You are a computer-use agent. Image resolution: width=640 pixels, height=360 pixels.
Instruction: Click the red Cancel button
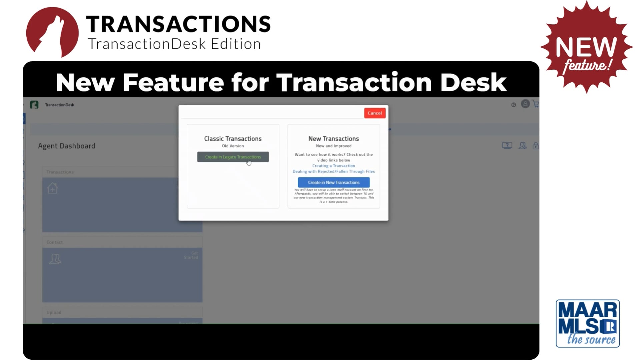coord(375,113)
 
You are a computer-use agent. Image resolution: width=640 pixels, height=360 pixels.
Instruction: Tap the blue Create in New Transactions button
coord(334,182)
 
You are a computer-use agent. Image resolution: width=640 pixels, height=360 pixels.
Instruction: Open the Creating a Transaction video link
coord(334,166)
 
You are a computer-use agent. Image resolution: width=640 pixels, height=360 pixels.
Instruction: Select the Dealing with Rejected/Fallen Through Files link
coord(334,171)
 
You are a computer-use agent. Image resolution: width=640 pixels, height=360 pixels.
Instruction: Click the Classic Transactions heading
coord(233,139)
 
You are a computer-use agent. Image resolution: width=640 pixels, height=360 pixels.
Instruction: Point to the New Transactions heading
coord(334,139)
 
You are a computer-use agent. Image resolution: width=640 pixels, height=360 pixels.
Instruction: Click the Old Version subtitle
coord(233,146)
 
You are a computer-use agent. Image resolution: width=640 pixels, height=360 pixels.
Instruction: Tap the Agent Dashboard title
coord(67,146)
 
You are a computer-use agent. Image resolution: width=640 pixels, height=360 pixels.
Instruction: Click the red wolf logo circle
coord(52,32)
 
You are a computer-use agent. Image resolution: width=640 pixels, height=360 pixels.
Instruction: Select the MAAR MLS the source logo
coord(588,323)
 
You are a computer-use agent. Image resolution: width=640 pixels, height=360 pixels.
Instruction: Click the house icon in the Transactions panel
coord(52,188)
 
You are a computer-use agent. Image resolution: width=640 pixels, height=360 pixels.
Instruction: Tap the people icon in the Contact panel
coord(55,259)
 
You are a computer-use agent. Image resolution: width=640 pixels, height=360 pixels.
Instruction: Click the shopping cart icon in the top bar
coord(535,104)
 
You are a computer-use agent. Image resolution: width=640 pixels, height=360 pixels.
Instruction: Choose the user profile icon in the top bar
coord(525,104)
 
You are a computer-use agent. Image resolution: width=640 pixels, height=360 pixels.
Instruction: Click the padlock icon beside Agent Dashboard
coord(535,146)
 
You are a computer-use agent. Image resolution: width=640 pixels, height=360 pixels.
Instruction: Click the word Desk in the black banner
coord(473,82)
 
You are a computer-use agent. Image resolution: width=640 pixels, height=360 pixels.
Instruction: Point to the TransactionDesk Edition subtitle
coord(174,44)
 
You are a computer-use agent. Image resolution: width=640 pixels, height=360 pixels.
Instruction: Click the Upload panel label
coord(54,312)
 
